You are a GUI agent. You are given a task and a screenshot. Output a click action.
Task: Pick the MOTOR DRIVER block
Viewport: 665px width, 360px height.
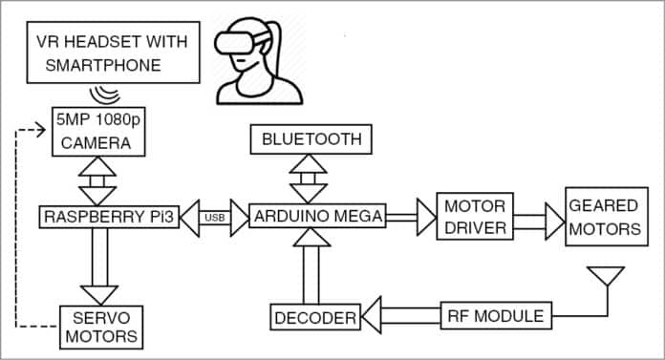[x=474, y=216]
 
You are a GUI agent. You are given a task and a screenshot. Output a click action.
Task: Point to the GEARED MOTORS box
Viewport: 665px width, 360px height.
[x=604, y=217]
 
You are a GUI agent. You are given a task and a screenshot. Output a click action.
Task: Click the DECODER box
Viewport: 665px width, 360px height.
[x=313, y=317]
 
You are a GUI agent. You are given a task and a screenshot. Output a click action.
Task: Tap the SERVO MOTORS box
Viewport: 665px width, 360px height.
[x=99, y=326]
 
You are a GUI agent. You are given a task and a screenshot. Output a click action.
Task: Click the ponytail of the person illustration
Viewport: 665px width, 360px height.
[x=279, y=43]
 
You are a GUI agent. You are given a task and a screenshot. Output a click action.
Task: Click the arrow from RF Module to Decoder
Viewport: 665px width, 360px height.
[x=401, y=316]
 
